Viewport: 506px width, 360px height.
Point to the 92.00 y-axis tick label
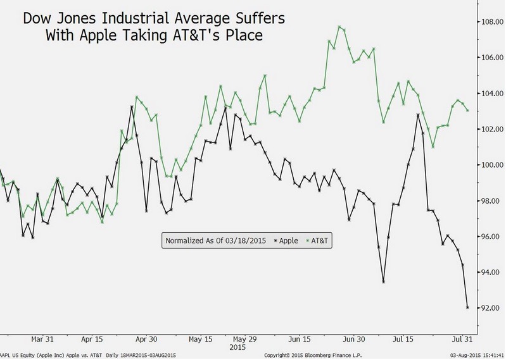492,308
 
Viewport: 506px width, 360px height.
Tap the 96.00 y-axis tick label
492,237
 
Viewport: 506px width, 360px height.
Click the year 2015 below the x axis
237,347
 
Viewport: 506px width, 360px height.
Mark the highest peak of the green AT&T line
340,27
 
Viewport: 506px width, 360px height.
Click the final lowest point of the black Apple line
468,307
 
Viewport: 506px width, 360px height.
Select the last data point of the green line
468,110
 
